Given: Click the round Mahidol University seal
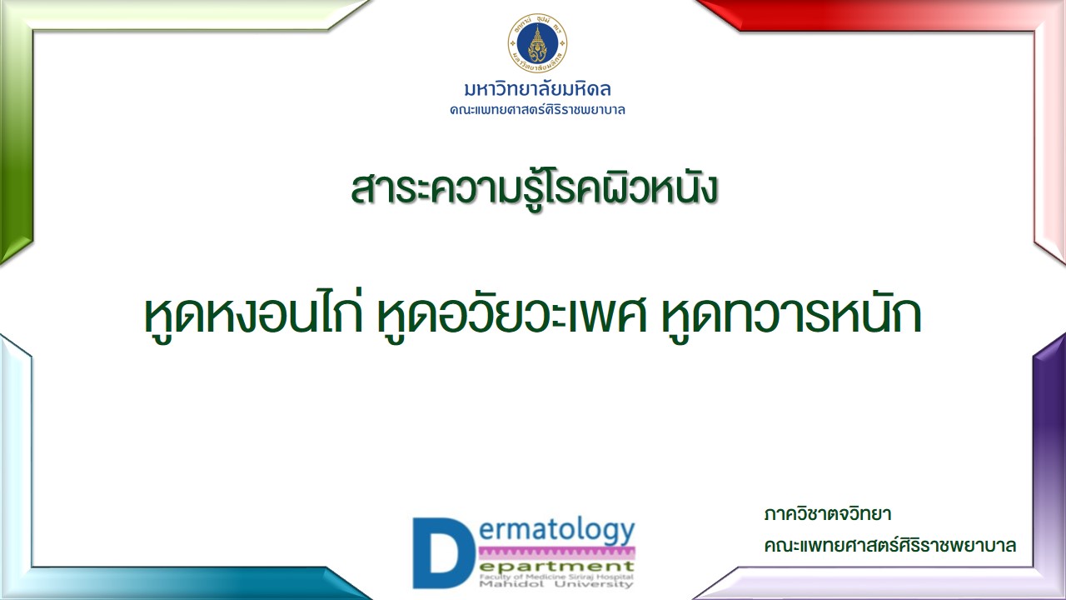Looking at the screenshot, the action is point(537,42).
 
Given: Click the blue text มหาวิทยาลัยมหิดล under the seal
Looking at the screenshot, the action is point(538,89).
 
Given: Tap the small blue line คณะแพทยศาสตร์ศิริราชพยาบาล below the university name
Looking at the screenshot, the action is point(537,110).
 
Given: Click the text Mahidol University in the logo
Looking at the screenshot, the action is point(556,584).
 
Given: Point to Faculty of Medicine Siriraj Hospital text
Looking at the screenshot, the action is point(556,577).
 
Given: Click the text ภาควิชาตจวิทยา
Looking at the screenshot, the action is point(827,515).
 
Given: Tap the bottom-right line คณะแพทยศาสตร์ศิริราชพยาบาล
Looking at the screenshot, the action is point(890,545).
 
